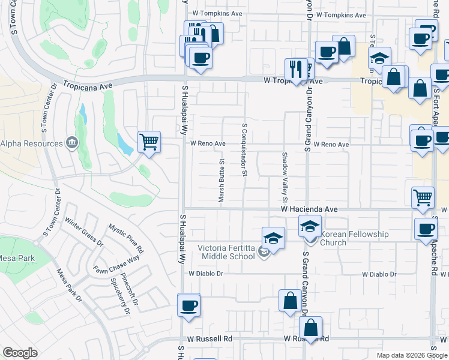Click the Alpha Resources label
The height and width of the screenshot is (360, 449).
(x=31, y=144)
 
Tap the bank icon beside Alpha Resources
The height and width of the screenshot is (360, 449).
(x=71, y=143)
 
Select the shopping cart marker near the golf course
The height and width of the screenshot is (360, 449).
(x=149, y=143)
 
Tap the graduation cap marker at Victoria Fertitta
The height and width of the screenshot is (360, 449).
(x=273, y=239)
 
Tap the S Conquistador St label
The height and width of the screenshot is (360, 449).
(x=245, y=150)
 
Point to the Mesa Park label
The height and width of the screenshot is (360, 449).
(x=17, y=259)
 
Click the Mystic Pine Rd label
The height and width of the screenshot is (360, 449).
(x=125, y=238)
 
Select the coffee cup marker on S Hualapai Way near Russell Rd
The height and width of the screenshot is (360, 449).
(x=189, y=305)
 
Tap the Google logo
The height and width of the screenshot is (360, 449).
(x=20, y=353)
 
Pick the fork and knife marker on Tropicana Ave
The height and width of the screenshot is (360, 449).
(x=295, y=70)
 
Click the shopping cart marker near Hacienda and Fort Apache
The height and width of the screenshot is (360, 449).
(x=423, y=197)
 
